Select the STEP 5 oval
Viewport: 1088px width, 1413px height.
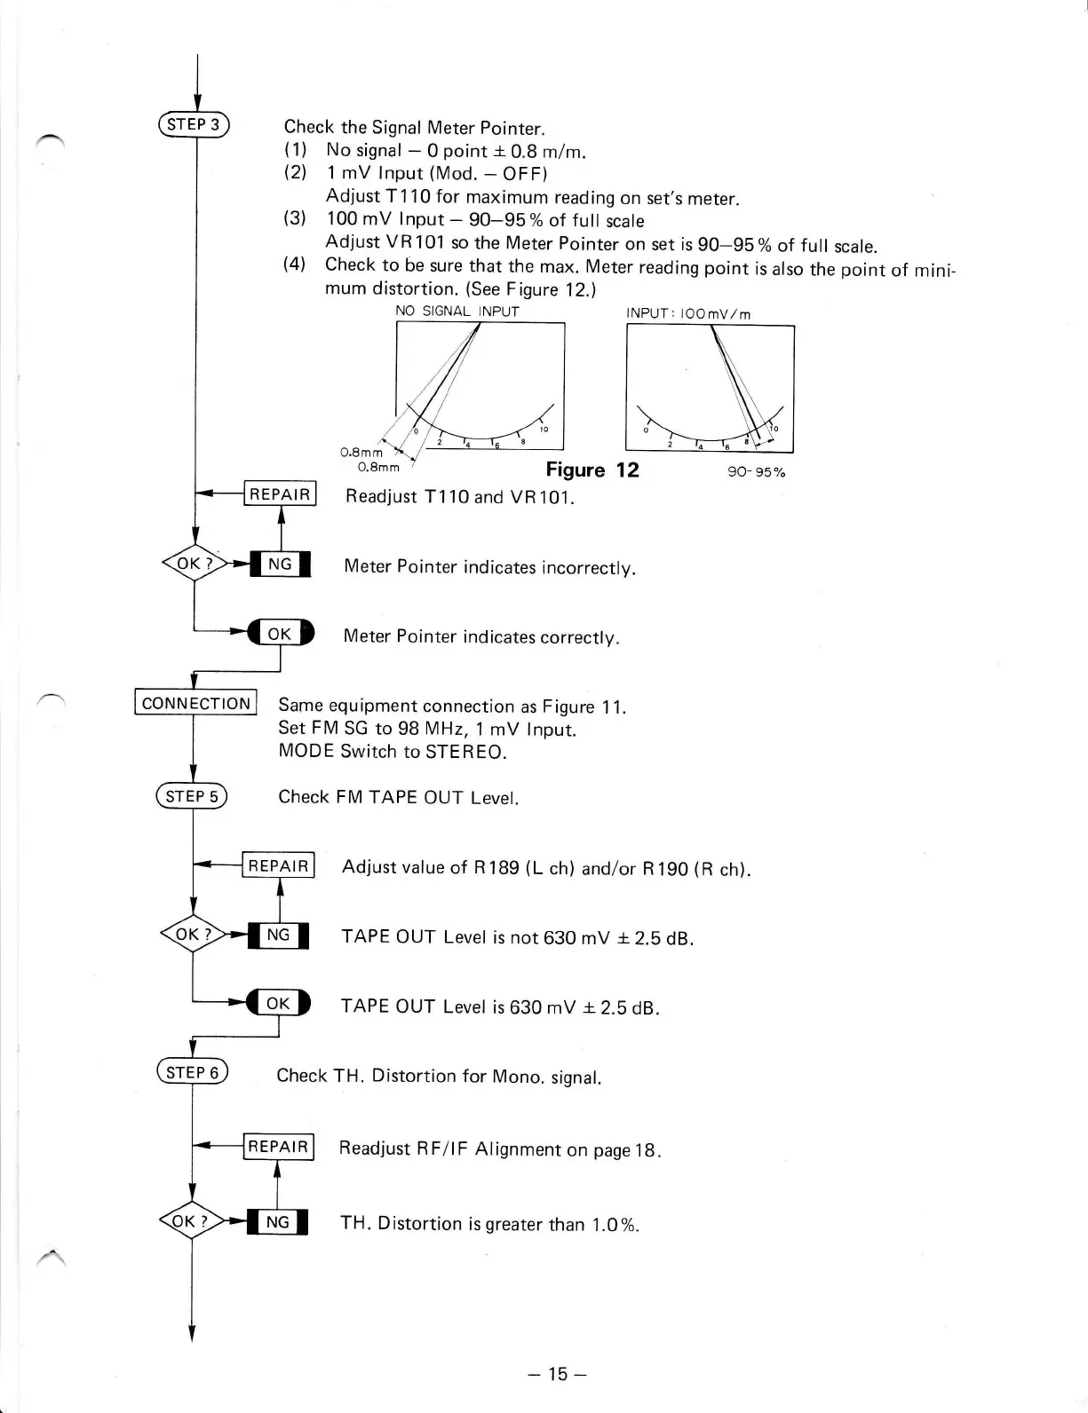coord(192,796)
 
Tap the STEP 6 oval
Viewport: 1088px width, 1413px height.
coord(192,1072)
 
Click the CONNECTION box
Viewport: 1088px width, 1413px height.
coord(195,703)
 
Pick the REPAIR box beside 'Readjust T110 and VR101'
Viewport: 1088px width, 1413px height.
coord(281,494)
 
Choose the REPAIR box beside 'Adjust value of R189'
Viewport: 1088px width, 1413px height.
coord(279,865)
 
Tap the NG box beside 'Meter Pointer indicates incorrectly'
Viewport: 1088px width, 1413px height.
coord(280,564)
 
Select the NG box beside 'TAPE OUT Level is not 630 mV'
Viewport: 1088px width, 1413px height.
coord(278,935)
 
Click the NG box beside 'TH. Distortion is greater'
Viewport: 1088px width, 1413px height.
coord(277,1222)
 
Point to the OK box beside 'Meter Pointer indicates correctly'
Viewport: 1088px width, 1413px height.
coord(280,633)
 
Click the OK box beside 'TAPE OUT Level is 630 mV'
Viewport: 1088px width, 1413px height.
coord(278,1003)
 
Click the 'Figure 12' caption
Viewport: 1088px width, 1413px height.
coord(592,470)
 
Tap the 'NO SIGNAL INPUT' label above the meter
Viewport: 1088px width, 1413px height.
coord(457,312)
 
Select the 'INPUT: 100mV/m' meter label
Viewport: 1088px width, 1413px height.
coord(688,313)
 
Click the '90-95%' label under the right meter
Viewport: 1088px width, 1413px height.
coord(757,472)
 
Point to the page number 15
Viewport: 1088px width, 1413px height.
coord(557,1375)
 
